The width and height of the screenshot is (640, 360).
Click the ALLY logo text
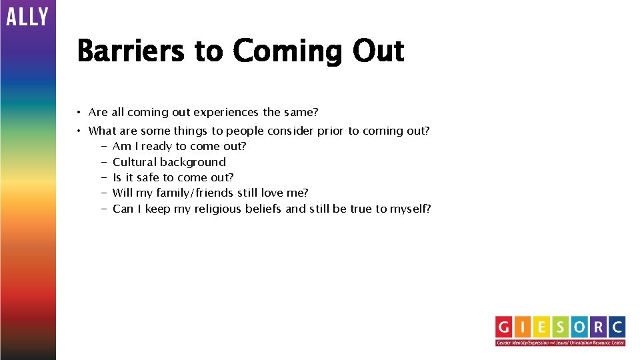pyautogui.click(x=27, y=16)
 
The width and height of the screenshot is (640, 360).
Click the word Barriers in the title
pyautogui.click(x=131, y=51)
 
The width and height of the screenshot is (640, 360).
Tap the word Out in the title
pyautogui.click(x=379, y=51)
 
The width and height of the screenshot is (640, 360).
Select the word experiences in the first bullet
pyautogui.click(x=227, y=113)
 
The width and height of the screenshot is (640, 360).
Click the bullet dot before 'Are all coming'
pyautogui.click(x=79, y=113)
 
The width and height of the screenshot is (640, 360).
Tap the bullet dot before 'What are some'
pyautogui.click(x=79, y=131)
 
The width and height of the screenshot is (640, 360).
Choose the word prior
pyautogui.click(x=331, y=131)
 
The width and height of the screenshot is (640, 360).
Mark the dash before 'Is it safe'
pyautogui.click(x=105, y=177)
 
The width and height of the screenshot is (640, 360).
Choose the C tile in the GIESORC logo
pyautogui.click(x=616, y=327)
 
